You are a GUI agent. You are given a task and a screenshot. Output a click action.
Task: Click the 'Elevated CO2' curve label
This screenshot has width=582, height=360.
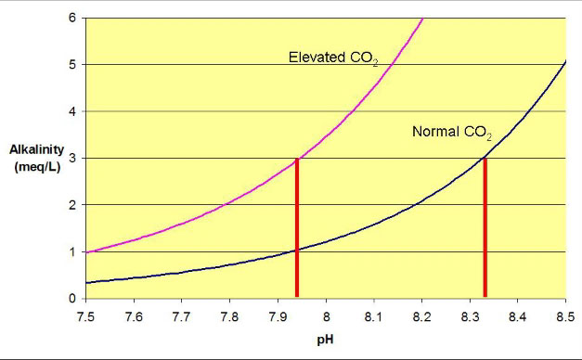click(x=330, y=57)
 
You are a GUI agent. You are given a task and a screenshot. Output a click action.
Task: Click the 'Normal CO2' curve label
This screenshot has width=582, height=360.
click(x=451, y=132)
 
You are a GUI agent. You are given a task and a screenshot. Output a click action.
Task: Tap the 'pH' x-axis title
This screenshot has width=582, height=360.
click(x=325, y=339)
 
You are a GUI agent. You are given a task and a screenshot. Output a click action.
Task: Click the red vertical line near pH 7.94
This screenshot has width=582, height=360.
click(x=297, y=227)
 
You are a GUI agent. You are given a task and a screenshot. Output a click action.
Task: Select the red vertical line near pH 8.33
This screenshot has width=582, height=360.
click(x=485, y=227)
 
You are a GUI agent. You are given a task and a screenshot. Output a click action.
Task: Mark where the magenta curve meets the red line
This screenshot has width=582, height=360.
click(x=297, y=160)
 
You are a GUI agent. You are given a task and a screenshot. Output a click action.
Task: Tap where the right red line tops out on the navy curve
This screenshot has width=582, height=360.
click(x=485, y=159)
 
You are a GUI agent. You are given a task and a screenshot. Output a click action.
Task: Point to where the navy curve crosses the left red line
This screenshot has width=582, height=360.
click(x=297, y=250)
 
